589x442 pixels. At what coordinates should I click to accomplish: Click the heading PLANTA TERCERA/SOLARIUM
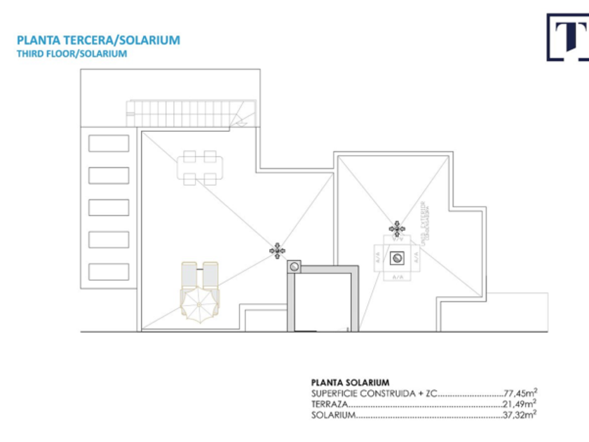[98, 40]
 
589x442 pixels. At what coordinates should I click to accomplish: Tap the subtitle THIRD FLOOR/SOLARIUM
[72, 53]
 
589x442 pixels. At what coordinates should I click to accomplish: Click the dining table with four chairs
[200, 168]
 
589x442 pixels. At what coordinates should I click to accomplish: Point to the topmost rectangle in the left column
[109, 143]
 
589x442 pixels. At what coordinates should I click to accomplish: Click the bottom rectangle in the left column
[109, 271]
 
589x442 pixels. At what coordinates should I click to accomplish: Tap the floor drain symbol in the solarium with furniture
[278, 250]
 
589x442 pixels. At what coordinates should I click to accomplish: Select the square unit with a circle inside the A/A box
[397, 258]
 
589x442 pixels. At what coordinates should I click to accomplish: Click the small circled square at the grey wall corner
[294, 266]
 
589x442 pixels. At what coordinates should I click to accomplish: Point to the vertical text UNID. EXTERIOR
[424, 221]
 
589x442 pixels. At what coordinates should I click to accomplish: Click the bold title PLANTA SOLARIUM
[350, 382]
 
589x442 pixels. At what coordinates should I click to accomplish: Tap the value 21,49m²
[520, 404]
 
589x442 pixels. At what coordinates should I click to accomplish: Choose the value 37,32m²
[520, 415]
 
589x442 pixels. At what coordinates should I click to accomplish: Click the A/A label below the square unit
[398, 277]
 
